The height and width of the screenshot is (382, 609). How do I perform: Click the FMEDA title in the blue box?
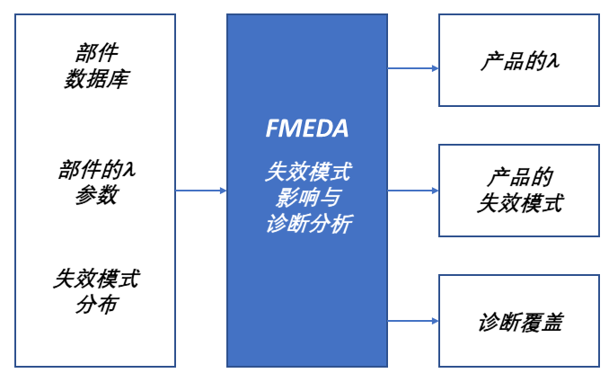click(x=307, y=129)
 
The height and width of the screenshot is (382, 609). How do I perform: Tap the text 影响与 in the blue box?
click(x=307, y=197)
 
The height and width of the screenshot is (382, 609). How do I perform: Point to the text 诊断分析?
click(x=307, y=223)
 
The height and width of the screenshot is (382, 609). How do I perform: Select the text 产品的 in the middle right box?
click(x=519, y=177)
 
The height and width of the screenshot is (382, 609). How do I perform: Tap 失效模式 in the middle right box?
click(x=519, y=203)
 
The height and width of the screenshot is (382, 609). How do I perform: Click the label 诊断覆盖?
click(x=519, y=322)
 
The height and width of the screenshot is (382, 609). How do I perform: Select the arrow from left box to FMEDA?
click(x=201, y=191)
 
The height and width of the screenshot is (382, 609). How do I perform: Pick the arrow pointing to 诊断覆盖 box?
click(x=413, y=321)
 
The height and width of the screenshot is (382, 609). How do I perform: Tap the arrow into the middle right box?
click(x=413, y=191)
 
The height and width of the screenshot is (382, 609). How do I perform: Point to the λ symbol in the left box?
click(x=131, y=169)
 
